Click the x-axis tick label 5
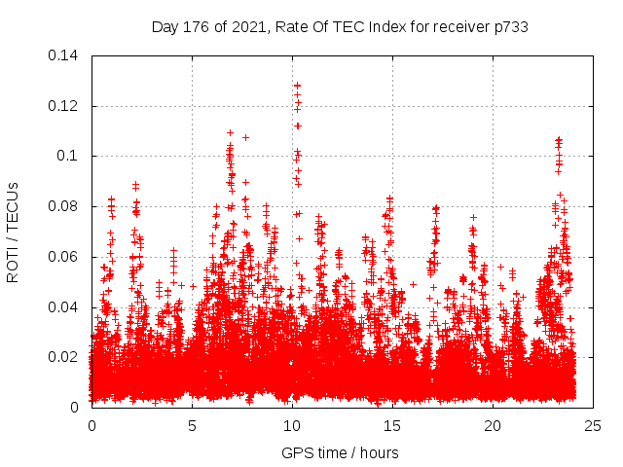point(192,426)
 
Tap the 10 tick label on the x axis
point(292,426)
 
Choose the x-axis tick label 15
point(392,426)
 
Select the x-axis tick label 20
point(493,426)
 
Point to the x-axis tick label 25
point(593,426)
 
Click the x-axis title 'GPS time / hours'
point(340,452)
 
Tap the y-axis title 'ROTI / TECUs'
point(13,232)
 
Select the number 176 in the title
point(198,27)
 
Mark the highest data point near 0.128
point(297,86)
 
